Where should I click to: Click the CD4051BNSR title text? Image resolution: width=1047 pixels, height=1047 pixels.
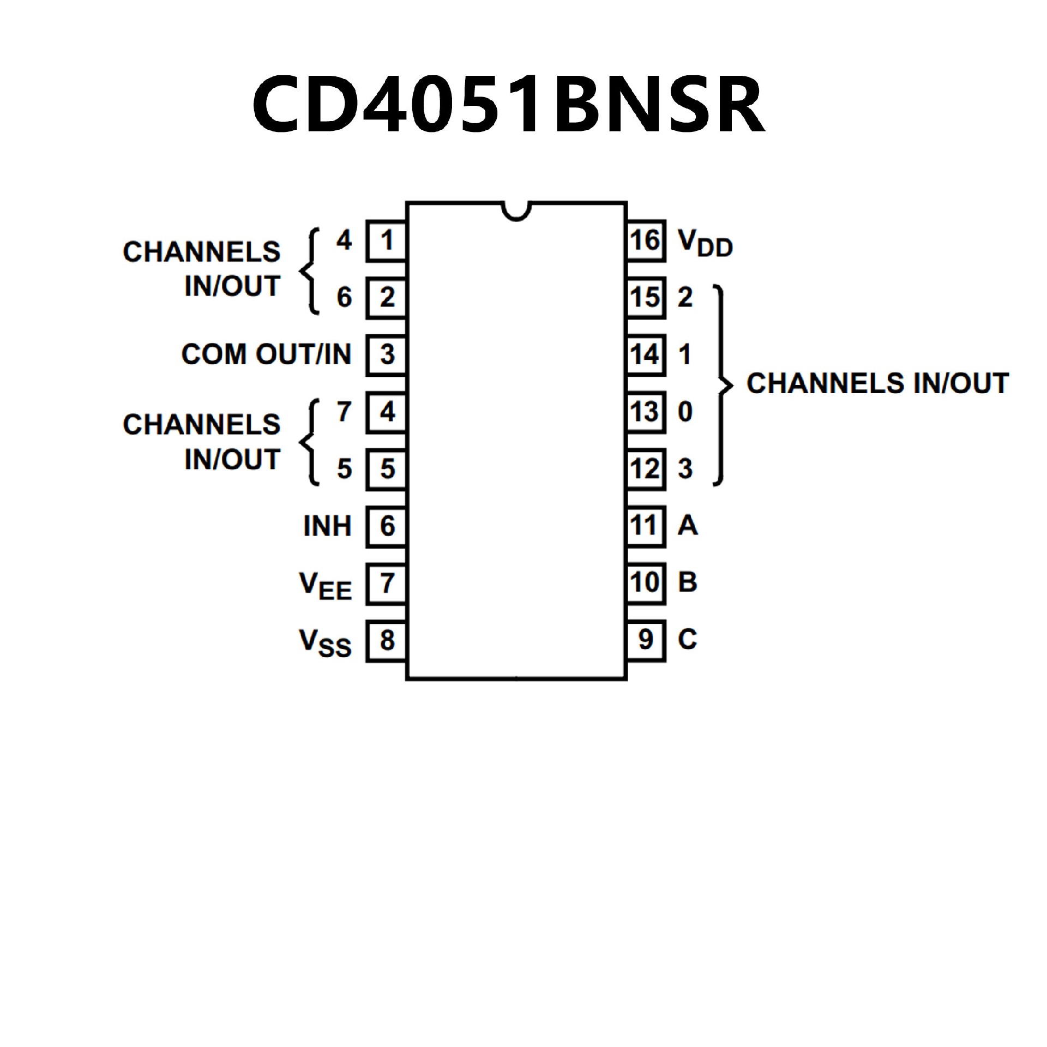tap(508, 105)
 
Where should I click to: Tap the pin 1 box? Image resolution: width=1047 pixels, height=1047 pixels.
tap(387, 240)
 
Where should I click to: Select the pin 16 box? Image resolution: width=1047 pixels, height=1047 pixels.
tap(646, 240)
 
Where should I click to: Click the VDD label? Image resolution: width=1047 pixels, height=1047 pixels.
tap(705, 243)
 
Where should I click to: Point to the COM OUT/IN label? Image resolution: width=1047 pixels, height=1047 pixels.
tap(266, 354)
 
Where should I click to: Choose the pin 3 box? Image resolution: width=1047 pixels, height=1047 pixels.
tap(387, 355)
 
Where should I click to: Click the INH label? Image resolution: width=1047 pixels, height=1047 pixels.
tap(327, 526)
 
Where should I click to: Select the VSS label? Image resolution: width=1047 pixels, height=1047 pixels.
tap(325, 642)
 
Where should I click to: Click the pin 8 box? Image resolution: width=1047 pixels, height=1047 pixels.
tap(387, 641)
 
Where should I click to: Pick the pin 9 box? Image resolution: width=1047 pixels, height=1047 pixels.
tap(646, 641)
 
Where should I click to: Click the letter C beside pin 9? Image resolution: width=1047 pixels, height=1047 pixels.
tap(687, 640)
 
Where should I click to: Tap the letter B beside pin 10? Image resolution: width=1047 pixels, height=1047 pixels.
tap(687, 582)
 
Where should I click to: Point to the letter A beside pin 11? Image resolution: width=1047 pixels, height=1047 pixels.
tap(687, 526)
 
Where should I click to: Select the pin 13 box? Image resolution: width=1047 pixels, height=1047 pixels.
tap(646, 412)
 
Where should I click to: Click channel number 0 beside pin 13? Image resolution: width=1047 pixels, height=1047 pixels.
tap(685, 412)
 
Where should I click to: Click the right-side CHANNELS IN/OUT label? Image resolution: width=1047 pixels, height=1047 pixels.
tap(877, 384)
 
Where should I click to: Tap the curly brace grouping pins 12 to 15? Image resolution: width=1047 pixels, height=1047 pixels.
tap(723, 385)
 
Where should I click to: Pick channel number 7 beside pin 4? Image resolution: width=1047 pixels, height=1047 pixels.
tap(344, 412)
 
